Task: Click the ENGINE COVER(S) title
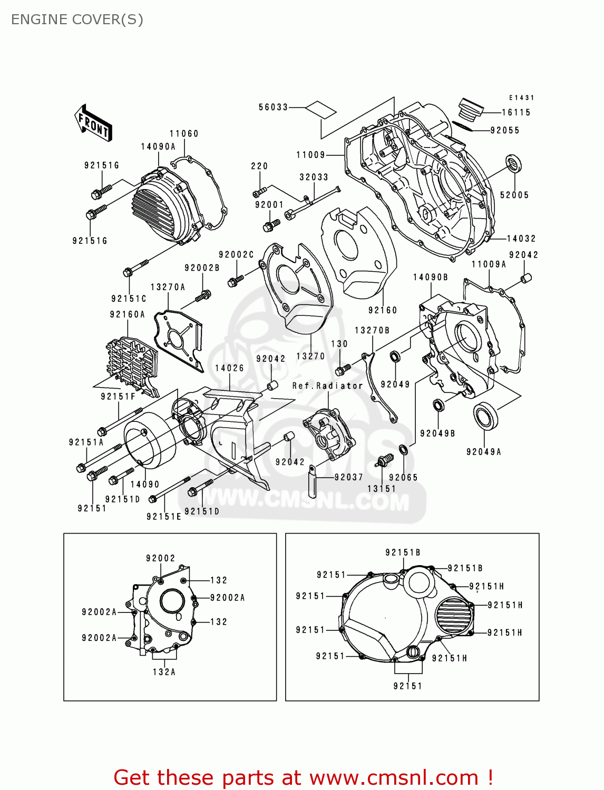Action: pos(77,19)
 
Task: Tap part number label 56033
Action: pos(273,107)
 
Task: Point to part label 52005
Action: pos(514,195)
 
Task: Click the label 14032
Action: pos(521,239)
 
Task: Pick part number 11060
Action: pos(184,134)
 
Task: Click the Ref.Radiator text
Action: pos(327,386)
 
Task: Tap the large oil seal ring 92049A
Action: pos(485,416)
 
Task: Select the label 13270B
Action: pos(372,330)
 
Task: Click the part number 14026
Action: pos(229,368)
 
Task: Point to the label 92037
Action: pos(348,477)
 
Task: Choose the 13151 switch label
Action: pos(382,489)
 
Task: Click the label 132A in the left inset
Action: pos(164,672)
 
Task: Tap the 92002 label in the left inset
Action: pos(160,558)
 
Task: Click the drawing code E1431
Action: pos(521,98)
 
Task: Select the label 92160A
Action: pos(127,314)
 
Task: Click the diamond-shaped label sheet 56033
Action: pos(321,109)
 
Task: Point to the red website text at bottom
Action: pos(303,777)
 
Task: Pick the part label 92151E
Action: pos(163,517)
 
